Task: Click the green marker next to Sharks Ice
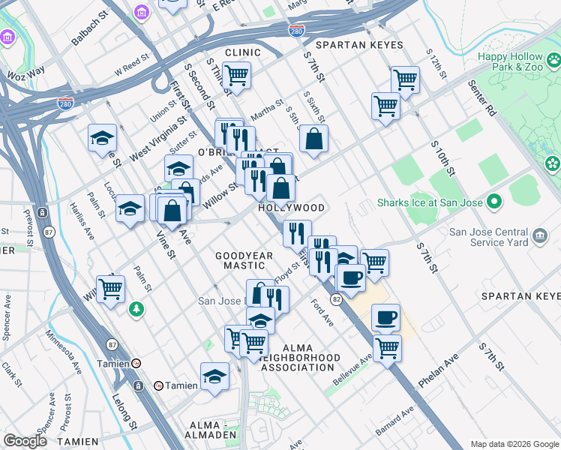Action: click(493, 202)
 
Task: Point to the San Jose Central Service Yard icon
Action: click(540, 237)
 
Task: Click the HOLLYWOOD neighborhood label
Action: click(292, 208)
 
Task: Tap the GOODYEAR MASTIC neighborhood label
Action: click(244, 260)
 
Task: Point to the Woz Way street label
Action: click(27, 74)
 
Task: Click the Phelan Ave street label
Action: click(438, 371)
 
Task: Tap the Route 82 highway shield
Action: click(337, 299)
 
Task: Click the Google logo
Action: click(25, 440)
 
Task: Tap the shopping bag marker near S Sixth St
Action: click(313, 138)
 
